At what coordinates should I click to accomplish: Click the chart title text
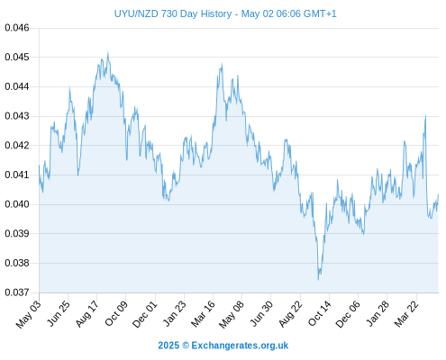tap(225, 13)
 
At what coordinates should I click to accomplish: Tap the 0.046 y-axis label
tap(17, 28)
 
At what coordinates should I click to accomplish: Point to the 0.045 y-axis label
tap(17, 57)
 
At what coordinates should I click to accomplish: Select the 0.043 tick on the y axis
tap(17, 116)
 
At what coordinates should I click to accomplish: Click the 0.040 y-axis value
tap(17, 204)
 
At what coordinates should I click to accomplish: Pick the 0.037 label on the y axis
tap(17, 292)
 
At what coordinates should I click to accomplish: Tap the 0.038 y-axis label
tap(17, 263)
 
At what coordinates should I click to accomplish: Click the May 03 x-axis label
tap(28, 314)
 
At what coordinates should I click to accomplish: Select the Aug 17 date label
tap(86, 314)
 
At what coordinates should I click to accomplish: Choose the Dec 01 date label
tap(145, 314)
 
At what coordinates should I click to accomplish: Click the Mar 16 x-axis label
tap(203, 314)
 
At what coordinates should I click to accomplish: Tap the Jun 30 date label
tap(261, 313)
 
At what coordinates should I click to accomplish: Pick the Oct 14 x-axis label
tap(320, 313)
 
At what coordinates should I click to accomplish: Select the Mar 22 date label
tap(406, 314)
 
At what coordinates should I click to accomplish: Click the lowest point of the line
tap(318, 280)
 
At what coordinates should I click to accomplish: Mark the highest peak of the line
tap(108, 52)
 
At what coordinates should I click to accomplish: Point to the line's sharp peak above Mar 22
tap(425, 115)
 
